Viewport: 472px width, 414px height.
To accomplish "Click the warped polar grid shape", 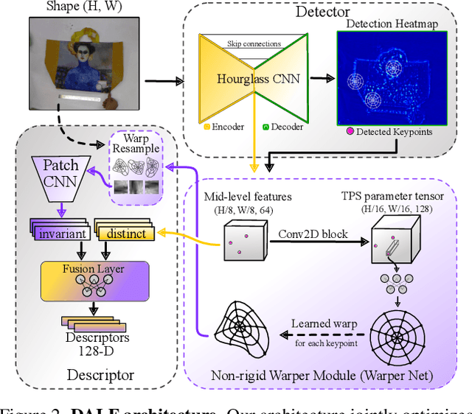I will click(x=240, y=331).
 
